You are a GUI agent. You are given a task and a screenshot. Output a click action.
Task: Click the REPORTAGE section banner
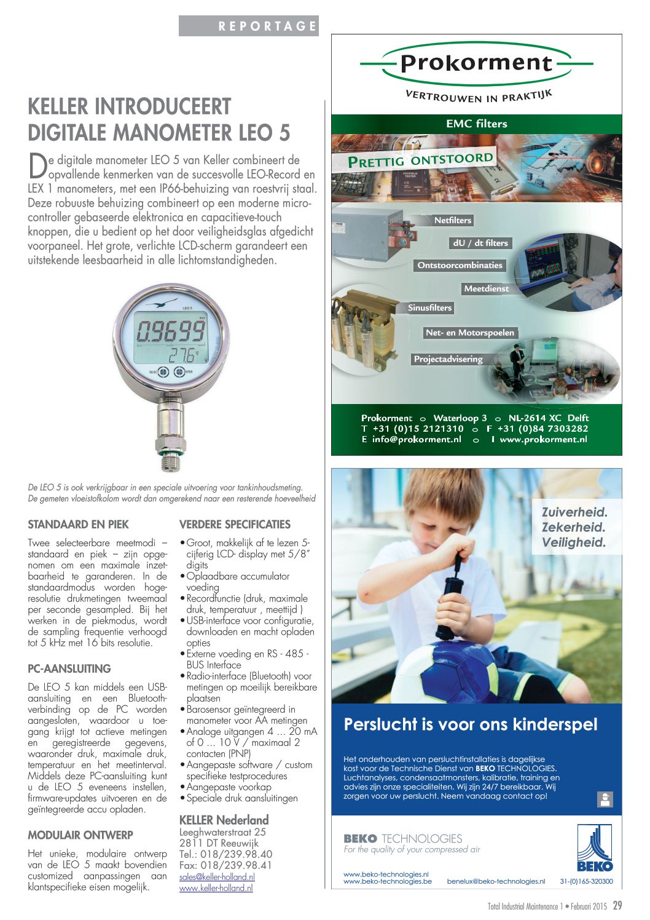249,26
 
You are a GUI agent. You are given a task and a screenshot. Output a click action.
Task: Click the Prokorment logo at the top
476,63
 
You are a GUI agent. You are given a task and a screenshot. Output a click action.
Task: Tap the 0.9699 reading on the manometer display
170,331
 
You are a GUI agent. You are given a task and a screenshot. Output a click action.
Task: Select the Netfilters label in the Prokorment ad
452,220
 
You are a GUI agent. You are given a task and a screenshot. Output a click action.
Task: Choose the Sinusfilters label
429,307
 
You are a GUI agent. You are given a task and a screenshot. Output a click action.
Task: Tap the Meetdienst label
486,288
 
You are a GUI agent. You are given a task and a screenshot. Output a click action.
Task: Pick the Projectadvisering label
448,359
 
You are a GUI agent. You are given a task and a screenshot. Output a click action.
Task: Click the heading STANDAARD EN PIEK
78,525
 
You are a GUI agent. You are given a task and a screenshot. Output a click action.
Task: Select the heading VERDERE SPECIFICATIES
235,525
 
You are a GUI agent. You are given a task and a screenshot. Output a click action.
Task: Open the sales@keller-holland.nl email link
217,877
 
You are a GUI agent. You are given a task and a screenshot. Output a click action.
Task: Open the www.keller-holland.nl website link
216,888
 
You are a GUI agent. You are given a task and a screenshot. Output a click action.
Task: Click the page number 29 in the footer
617,905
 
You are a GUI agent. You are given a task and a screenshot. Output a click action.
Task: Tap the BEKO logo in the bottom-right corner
594,849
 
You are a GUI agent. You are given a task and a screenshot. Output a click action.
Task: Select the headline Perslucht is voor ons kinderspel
470,724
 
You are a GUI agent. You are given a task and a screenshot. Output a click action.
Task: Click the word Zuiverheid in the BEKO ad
574,512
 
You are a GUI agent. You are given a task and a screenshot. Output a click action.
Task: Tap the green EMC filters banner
476,124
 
